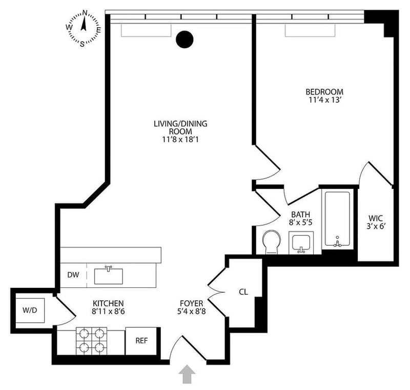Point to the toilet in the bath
coord(271,242)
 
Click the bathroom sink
coord(302,243)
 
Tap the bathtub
coord(337,220)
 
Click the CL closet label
coord(243,292)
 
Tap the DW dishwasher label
coord(73,275)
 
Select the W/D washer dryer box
coord(33,311)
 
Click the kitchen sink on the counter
coord(109,276)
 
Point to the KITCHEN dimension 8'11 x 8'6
coord(108,311)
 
